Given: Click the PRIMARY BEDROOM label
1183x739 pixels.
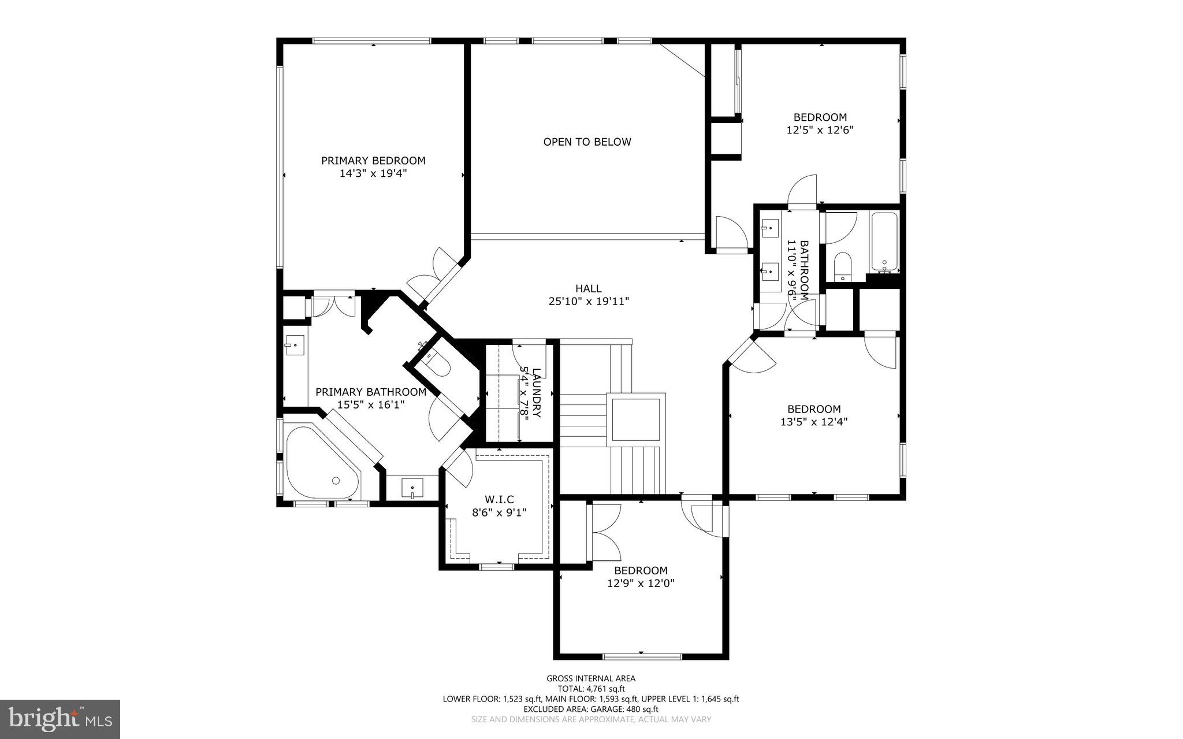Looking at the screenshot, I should (373, 161).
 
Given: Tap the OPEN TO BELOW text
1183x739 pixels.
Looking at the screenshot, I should (587, 142).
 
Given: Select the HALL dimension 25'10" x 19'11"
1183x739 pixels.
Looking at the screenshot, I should (588, 301).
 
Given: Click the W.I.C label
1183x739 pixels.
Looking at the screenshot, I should (499, 499).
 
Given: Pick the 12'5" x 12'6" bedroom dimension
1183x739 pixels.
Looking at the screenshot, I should (820, 130).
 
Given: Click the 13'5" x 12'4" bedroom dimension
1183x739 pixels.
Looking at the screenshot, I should (814, 422).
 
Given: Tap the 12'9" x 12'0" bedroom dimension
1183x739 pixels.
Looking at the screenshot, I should (641, 584).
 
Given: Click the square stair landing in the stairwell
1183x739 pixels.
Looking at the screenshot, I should (635, 419).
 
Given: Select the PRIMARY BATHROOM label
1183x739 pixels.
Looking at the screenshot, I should (371, 392).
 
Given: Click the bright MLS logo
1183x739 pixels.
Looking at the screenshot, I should (59, 719).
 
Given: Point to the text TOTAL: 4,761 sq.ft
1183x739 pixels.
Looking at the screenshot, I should (591, 689).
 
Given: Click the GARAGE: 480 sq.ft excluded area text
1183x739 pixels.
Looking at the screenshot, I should (591, 709).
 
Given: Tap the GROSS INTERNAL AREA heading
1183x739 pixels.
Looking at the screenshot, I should (591, 678).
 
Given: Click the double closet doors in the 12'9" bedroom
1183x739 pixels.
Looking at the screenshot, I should (604, 532).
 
